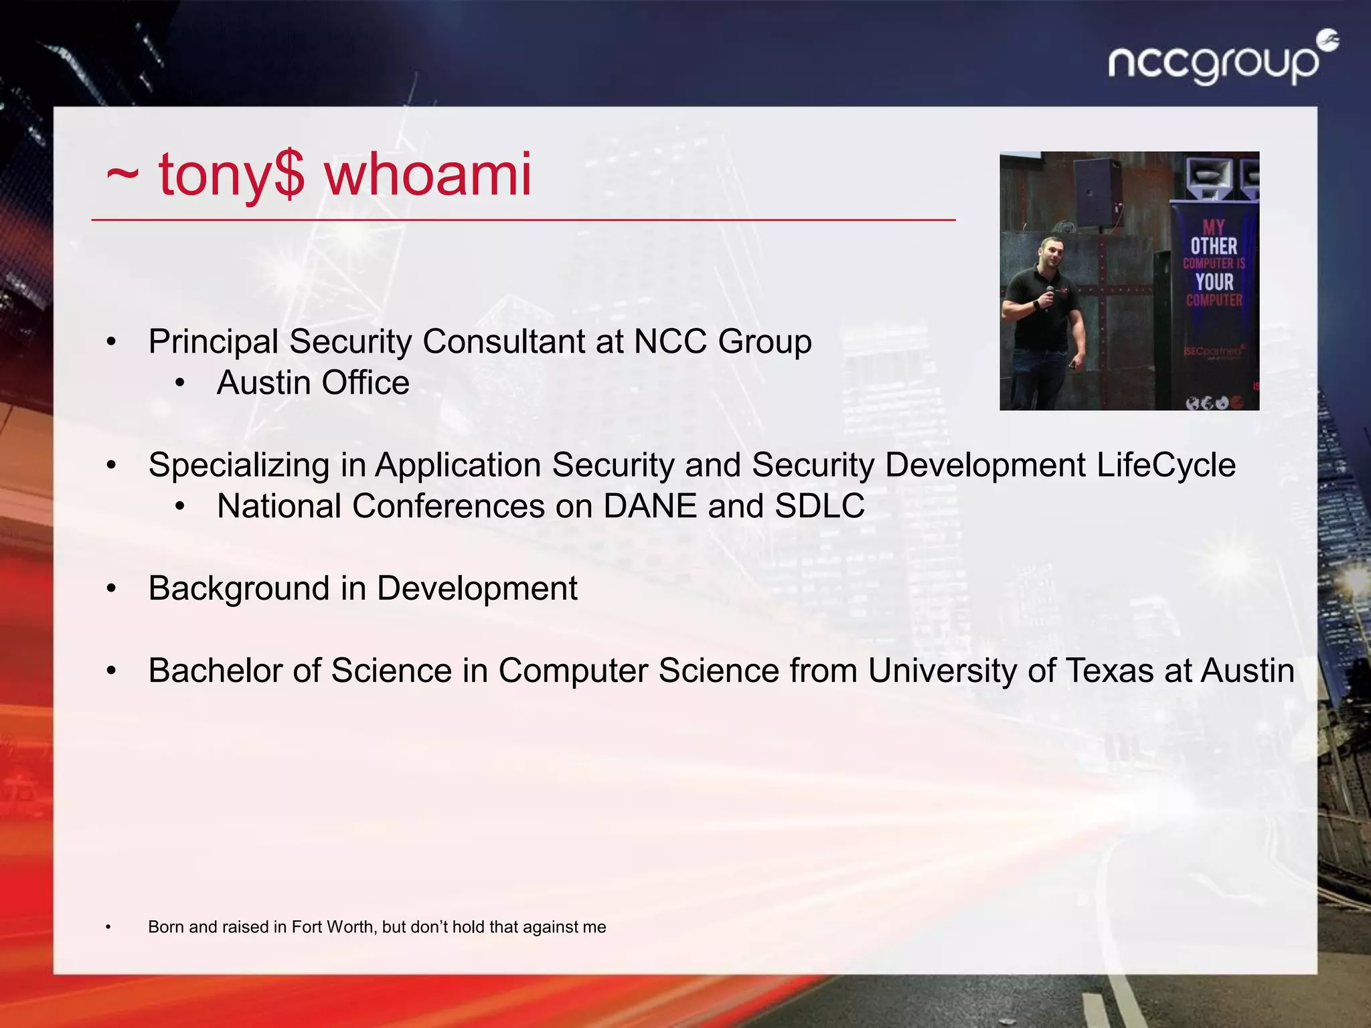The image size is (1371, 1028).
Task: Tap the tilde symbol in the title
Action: pos(123,175)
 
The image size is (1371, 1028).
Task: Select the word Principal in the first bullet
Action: pos(214,341)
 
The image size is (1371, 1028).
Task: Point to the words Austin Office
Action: pos(313,383)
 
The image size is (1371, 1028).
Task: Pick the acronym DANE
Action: pos(649,506)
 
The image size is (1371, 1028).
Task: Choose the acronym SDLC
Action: pos(819,506)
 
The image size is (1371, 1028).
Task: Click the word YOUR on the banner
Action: pos(1214,282)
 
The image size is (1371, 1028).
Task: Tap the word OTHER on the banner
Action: pos(1214,246)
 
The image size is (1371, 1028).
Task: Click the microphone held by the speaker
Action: pos(1049,294)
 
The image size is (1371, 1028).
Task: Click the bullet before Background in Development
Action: pos(111,589)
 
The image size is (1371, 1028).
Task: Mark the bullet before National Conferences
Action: pos(179,507)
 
